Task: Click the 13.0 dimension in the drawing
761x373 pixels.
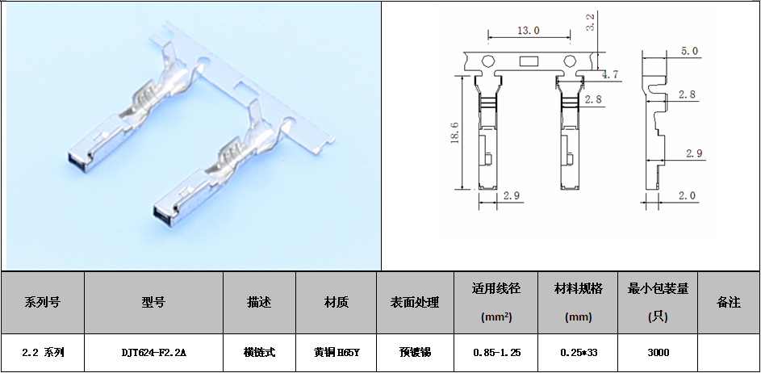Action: coord(528,31)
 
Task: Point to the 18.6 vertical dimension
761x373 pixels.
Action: coord(455,132)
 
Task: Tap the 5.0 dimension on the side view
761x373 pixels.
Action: coord(689,51)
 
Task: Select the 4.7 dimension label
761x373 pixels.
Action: coord(609,75)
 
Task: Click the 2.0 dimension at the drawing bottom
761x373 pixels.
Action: coord(687,195)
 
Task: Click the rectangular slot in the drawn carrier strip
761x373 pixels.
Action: coord(528,61)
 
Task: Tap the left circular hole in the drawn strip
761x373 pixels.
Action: coord(487,61)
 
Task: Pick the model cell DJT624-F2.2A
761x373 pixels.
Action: coord(154,353)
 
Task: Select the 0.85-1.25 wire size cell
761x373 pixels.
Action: coord(496,353)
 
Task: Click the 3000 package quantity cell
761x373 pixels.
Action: coord(659,353)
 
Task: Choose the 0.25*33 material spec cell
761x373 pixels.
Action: coord(579,353)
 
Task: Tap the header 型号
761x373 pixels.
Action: coord(154,302)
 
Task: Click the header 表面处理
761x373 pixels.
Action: coord(415,302)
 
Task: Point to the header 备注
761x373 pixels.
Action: coord(729,302)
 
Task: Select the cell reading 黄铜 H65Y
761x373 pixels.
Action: coord(337,353)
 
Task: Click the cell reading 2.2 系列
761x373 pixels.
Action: coord(44,353)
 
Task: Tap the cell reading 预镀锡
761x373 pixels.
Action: coord(415,353)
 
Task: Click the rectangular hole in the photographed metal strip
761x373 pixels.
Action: coord(241,87)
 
